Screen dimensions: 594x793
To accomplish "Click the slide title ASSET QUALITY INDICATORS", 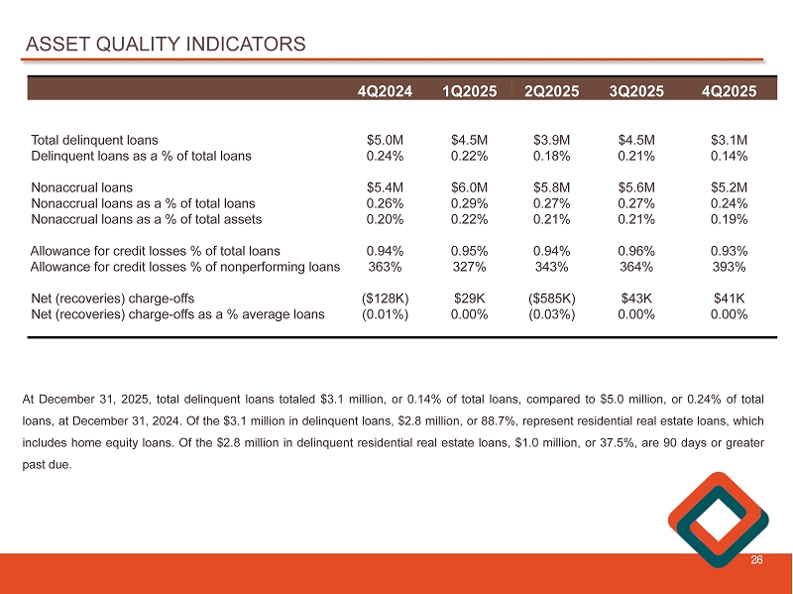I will [166, 45].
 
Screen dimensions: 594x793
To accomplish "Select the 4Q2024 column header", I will [387, 90].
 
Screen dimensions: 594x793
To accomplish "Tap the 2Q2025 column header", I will [551, 90].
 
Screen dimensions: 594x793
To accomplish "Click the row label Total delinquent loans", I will [95, 140].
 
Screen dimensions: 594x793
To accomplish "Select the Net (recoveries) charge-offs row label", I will [112, 298].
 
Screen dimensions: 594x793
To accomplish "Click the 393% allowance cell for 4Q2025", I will [729, 267].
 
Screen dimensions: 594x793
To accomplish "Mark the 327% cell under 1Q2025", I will [467, 267].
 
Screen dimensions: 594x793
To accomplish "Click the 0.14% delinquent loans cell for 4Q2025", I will [729, 156].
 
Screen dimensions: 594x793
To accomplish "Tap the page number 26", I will [756, 560].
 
